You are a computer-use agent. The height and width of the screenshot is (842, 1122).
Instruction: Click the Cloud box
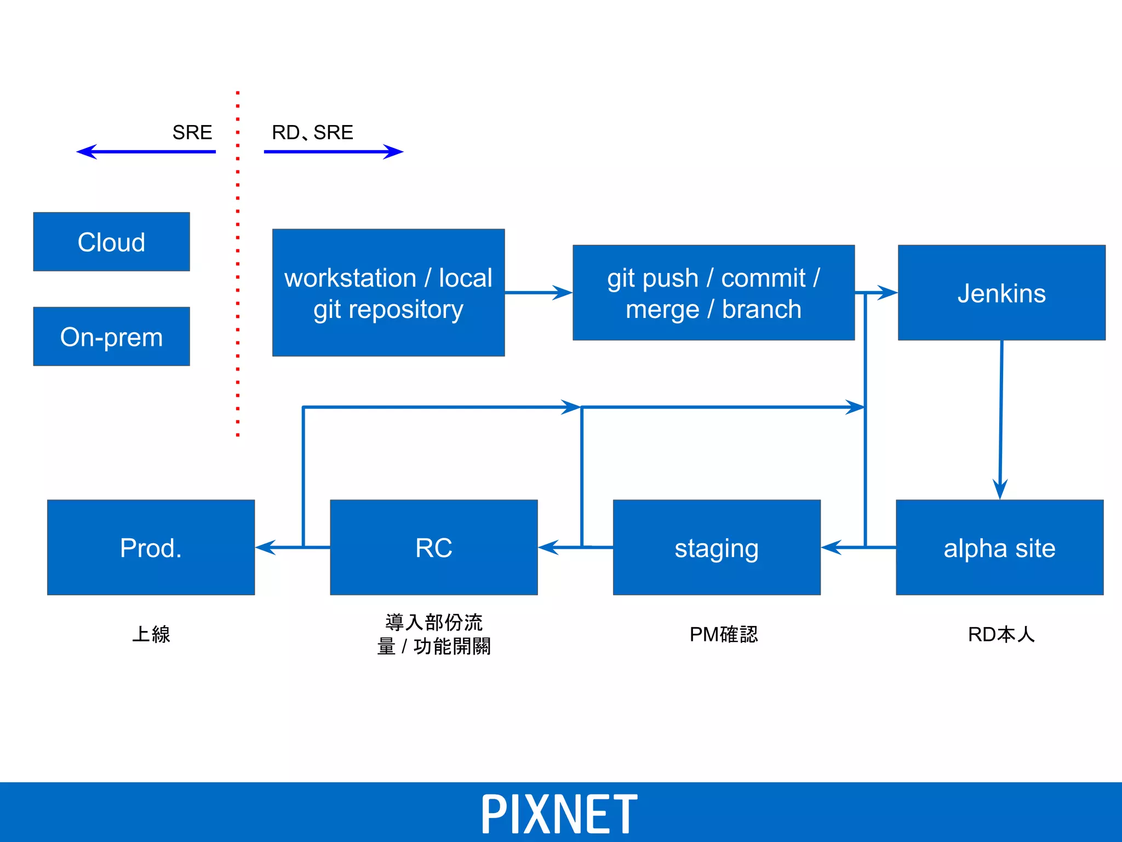111,242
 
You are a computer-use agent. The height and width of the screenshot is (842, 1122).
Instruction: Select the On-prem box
111,337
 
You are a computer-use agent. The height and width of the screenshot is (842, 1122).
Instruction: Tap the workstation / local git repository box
388,293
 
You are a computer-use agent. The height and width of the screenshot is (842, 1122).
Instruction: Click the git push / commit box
713,293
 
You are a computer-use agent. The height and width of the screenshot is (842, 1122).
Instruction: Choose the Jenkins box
1001,293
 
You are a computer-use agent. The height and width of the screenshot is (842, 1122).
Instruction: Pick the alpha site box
999,547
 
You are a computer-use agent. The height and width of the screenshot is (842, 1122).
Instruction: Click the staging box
717,547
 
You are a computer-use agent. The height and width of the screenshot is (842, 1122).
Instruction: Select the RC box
433,547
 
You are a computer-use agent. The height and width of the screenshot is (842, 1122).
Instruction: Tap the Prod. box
151,547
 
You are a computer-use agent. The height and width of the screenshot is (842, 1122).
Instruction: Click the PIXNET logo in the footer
559,814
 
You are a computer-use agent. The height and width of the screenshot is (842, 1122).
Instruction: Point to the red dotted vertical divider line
237,263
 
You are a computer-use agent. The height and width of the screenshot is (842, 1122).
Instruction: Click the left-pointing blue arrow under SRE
146,152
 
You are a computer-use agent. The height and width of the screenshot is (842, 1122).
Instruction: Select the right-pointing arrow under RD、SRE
333,152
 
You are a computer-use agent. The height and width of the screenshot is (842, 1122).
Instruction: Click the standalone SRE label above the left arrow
192,132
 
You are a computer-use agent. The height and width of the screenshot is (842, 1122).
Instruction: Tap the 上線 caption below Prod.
151,634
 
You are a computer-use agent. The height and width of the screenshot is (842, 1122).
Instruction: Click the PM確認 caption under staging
723,634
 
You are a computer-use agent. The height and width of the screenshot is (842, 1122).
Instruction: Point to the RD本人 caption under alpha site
1001,634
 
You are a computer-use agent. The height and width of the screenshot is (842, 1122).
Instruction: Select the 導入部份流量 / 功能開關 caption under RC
433,634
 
